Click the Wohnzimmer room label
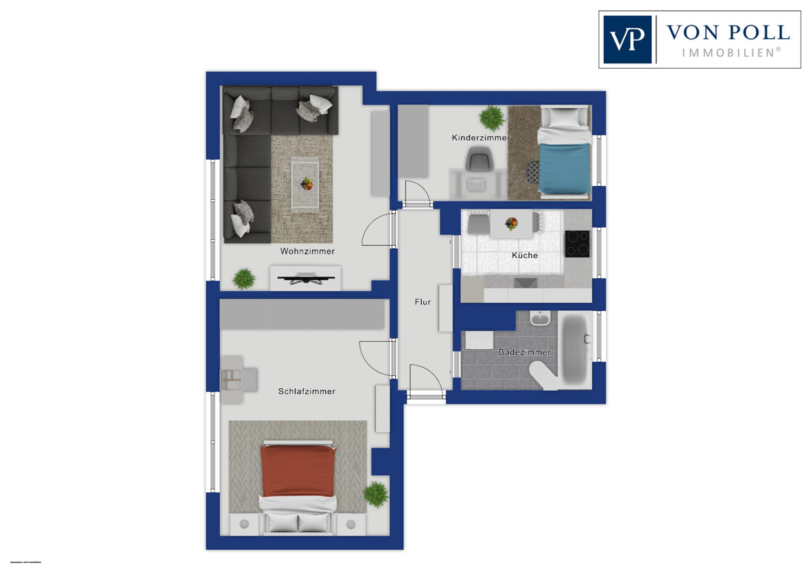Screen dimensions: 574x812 (x=307, y=251)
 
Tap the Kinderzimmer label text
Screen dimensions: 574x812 (x=481, y=138)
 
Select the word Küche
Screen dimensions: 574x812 (x=525, y=255)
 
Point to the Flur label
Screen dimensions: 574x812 (x=423, y=302)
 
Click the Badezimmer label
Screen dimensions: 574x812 (x=524, y=352)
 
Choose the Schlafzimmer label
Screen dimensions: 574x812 (x=306, y=391)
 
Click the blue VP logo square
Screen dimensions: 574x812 (x=627, y=40)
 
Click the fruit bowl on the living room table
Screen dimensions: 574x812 (x=306, y=184)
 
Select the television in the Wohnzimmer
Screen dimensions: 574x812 (x=305, y=279)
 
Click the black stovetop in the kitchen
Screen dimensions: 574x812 (x=577, y=244)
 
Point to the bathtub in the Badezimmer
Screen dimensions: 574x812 (x=575, y=349)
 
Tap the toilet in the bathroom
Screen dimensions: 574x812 (x=543, y=374)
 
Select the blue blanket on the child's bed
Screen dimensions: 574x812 (x=564, y=168)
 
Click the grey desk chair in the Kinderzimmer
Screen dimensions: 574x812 (x=479, y=160)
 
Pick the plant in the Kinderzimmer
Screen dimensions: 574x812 (x=492, y=117)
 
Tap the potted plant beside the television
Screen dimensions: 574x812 (x=244, y=279)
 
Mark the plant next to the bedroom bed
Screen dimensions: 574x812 (x=376, y=493)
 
